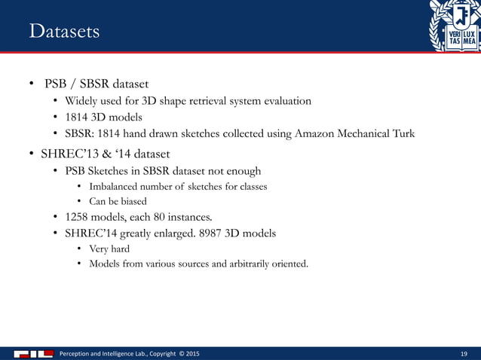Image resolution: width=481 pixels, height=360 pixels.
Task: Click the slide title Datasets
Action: pos(64,32)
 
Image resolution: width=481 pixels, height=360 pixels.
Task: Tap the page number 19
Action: pos(464,353)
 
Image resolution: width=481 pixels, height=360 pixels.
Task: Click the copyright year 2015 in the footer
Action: pos(191,353)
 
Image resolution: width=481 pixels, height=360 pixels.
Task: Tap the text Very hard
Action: pos(109,249)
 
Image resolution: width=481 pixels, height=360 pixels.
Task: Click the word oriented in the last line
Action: pos(288,264)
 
